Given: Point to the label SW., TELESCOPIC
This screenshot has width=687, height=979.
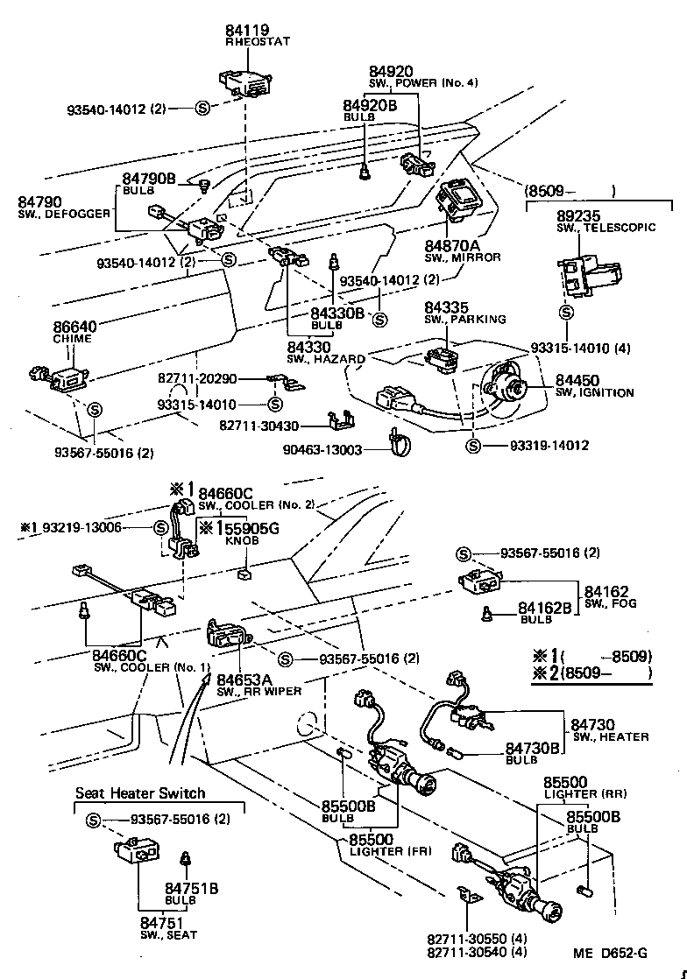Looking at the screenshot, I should click(606, 228).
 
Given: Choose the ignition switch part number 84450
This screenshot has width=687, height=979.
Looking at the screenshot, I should click(577, 380).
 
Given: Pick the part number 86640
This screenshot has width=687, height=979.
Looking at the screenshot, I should click(75, 326).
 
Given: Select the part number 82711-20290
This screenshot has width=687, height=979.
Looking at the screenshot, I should click(198, 378).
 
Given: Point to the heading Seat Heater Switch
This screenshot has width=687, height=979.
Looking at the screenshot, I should click(140, 793).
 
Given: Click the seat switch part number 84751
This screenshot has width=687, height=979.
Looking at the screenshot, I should click(162, 922).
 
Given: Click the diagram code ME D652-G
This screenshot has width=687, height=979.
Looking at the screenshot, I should click(611, 954).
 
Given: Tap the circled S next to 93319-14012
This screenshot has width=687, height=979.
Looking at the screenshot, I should click(473, 446).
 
